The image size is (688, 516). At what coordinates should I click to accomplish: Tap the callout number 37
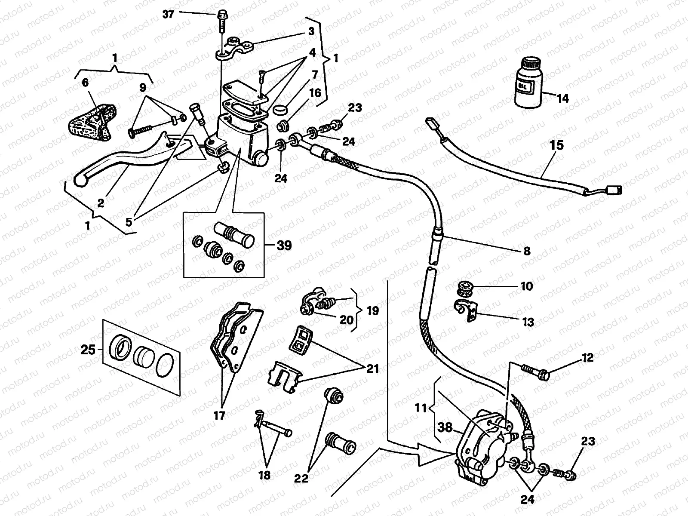[169, 14]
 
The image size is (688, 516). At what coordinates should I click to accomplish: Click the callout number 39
[284, 246]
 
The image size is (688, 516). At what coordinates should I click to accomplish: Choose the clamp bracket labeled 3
[234, 46]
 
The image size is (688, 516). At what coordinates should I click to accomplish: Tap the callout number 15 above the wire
[556, 145]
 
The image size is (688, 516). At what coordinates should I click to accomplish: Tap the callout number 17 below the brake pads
[219, 416]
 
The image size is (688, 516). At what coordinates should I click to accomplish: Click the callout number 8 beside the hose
[527, 251]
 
